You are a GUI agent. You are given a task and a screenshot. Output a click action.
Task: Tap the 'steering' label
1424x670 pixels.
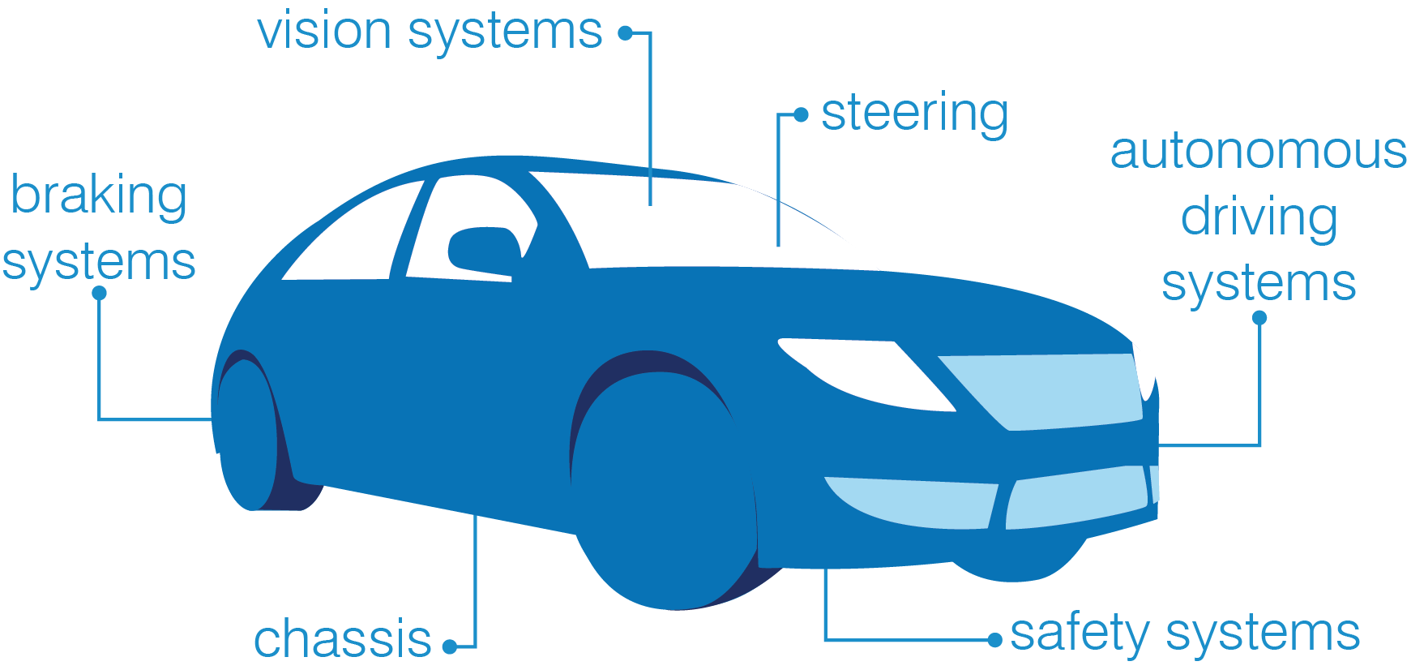pos(914,114)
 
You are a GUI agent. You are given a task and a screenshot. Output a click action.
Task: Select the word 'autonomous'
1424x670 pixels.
pos(1258,152)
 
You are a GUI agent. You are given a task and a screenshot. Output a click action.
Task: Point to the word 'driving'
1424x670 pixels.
pos(1259,217)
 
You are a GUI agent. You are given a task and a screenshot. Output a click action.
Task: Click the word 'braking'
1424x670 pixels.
pos(99,196)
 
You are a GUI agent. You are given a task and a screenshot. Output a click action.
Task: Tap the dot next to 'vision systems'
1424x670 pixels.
pos(625,33)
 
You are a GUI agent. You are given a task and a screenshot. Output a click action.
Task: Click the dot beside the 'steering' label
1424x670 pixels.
pos(801,115)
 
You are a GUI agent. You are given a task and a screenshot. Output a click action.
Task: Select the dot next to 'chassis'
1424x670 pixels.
pos(450,646)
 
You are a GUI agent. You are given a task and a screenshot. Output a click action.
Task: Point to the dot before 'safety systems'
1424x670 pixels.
pos(995,641)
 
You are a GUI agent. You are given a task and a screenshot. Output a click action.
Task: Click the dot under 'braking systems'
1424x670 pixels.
pos(100,293)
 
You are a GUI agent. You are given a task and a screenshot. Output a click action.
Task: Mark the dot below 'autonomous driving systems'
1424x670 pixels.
pos(1259,318)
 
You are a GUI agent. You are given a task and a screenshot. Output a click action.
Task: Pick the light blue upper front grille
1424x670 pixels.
pos(1046,389)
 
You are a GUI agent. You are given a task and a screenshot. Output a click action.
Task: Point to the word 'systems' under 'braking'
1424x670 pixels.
pos(99,263)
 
